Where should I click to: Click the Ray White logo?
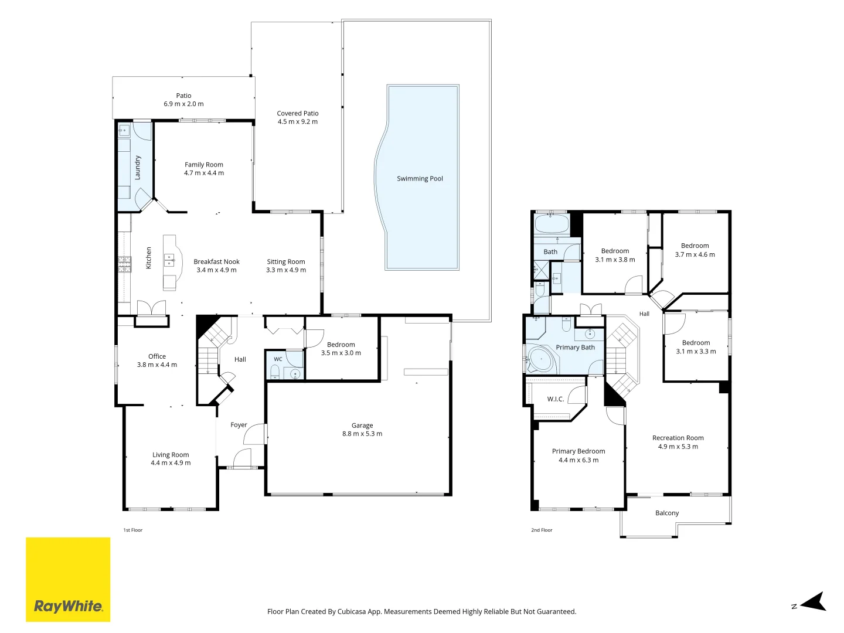point(68,579)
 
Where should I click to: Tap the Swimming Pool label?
point(420,178)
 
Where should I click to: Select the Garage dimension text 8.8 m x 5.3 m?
point(362,434)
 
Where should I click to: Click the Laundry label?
point(138,168)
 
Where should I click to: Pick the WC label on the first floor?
point(278,359)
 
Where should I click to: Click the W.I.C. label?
point(555,399)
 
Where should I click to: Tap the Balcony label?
point(667,513)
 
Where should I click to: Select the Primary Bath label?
point(575,347)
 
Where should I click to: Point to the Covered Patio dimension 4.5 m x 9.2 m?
point(298,121)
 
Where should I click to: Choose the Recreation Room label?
point(678,438)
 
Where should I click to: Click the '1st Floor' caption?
point(132,530)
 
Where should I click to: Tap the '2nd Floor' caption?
point(542,530)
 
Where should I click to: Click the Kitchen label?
point(148,257)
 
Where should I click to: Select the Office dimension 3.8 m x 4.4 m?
point(157,365)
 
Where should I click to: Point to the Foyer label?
point(239,425)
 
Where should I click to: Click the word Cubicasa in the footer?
point(352,611)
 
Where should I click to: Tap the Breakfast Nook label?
point(216,261)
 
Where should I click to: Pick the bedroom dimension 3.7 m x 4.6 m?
point(695,254)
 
